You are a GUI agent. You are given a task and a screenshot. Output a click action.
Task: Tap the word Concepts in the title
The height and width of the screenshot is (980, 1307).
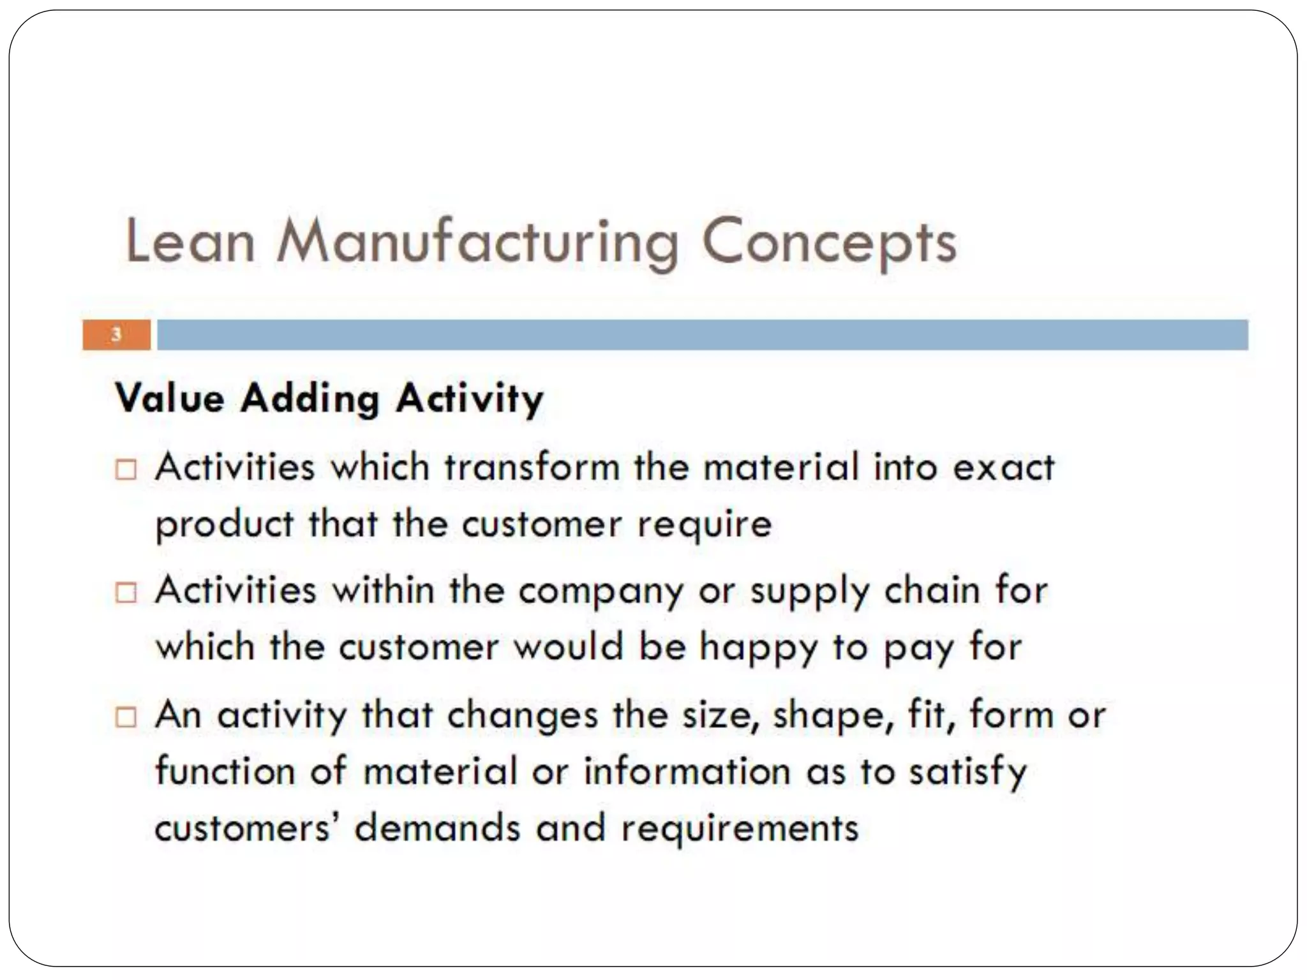(829, 244)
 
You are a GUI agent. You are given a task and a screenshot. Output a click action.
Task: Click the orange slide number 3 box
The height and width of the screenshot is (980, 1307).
(116, 335)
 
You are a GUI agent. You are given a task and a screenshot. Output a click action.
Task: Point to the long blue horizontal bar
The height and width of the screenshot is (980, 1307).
(702, 335)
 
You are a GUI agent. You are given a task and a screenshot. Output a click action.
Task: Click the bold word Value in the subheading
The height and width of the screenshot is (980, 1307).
(170, 399)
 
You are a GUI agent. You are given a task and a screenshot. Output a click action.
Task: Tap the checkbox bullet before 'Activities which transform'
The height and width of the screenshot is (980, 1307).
(126, 470)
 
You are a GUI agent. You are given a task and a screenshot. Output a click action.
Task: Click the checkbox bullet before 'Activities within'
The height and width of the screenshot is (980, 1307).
(126, 593)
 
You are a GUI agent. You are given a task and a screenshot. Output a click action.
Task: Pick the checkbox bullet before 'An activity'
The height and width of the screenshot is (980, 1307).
(126, 717)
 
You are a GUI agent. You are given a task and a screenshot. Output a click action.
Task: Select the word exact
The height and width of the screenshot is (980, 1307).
(1003, 466)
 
